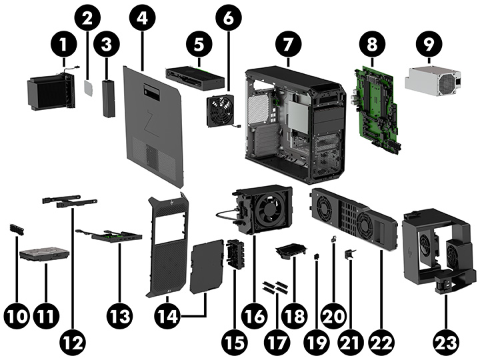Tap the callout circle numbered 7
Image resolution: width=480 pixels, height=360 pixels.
(x=287, y=46)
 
